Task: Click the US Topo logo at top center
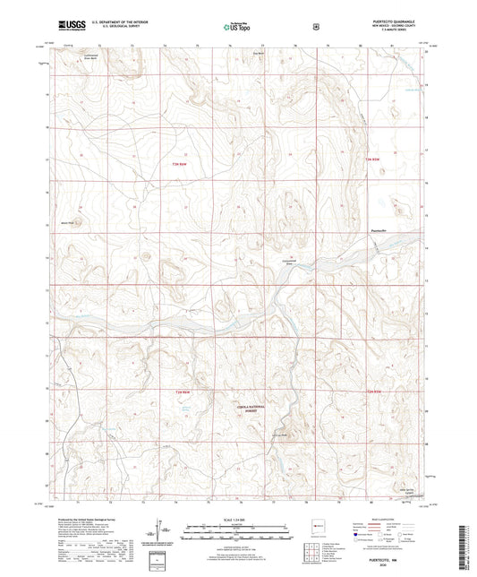tap(237, 27)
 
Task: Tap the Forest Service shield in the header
tap(315, 27)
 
